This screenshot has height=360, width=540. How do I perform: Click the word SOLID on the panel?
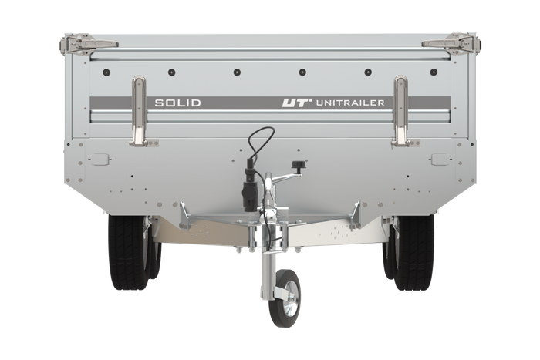point(177,103)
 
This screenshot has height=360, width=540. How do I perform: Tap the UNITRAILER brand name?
point(350,103)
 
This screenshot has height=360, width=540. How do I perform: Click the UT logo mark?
point(295,103)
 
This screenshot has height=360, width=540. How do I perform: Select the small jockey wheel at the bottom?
point(285,298)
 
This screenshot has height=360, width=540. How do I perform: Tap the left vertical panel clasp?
point(139,111)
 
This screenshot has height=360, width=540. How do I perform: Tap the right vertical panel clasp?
point(401,111)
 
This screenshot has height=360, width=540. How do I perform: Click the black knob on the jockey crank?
point(297,165)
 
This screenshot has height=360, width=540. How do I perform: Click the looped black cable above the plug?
point(261,141)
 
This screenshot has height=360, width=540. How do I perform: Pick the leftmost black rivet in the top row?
point(106,72)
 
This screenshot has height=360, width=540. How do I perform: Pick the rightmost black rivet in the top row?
point(434,72)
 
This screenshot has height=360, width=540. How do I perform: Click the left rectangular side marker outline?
point(100,160)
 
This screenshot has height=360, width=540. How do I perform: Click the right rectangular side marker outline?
point(440,160)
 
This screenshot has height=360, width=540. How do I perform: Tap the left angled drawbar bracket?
point(185,215)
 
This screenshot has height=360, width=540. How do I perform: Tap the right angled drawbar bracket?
point(355,215)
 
